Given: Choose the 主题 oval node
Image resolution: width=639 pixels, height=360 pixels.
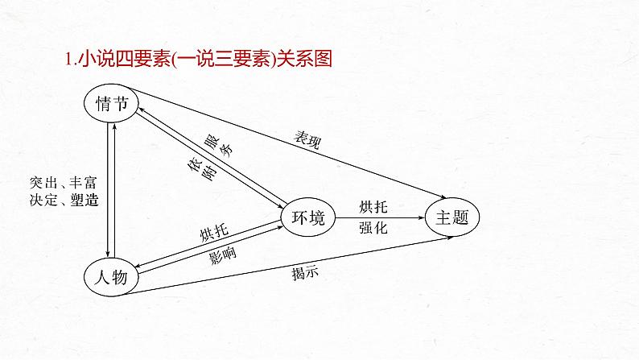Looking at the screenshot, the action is tap(452, 217).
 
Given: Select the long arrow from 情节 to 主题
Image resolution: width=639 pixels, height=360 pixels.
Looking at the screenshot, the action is tap(290, 148).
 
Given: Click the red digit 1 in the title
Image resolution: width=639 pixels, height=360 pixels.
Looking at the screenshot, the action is tap(68, 59).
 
